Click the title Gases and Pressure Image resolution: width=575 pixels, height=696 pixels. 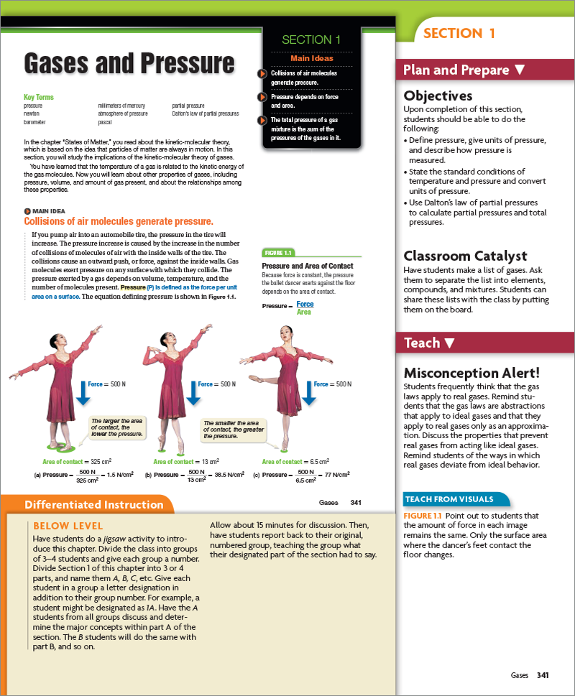point(129,63)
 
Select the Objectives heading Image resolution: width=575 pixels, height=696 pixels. point(438,96)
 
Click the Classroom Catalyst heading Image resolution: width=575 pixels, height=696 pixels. point(465,256)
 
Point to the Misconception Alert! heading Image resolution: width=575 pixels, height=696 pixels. point(471,373)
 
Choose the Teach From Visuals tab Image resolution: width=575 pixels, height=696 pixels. point(449,499)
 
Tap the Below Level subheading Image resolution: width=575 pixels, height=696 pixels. point(68,526)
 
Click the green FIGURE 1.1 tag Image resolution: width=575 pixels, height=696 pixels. point(278,253)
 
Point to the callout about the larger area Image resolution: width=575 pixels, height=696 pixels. point(116,427)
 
